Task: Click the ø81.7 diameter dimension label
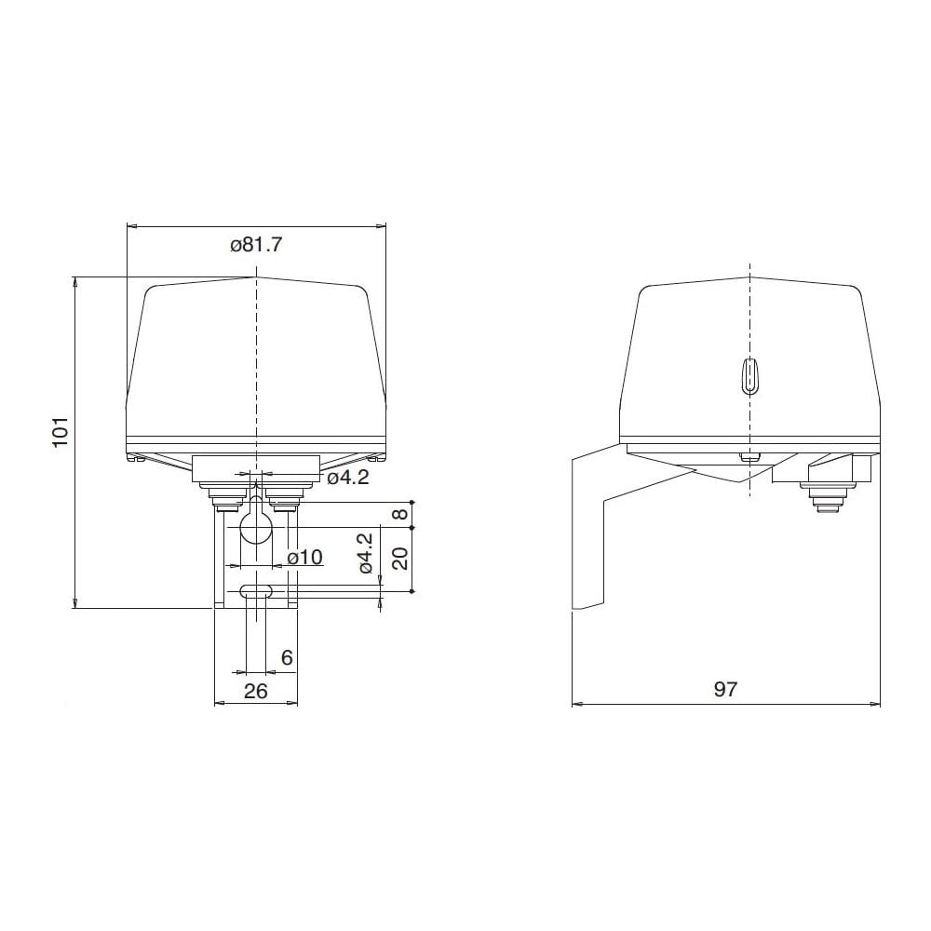[257, 245]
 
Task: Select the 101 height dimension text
[61, 432]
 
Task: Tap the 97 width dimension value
[725, 689]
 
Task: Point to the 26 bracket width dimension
[256, 691]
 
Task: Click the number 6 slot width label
[287, 657]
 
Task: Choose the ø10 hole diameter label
[304, 557]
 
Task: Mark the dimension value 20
[402, 558]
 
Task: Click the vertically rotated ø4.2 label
[366, 553]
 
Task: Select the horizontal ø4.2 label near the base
[348, 477]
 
